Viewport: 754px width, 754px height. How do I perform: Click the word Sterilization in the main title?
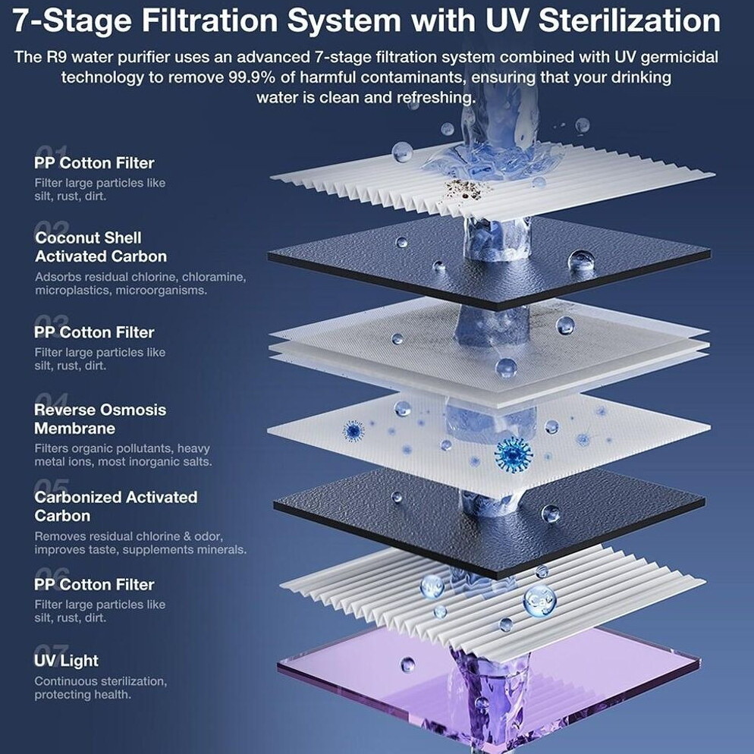coord(630,20)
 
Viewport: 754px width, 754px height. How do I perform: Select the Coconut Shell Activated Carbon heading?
coord(101,247)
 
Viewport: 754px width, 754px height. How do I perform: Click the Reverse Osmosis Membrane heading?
coord(100,419)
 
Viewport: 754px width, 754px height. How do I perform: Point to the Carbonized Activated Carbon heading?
coord(115,507)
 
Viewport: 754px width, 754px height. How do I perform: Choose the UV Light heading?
coord(66,661)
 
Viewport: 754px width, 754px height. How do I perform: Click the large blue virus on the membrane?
coord(514,454)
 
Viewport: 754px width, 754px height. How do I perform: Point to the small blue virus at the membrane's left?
coord(353,430)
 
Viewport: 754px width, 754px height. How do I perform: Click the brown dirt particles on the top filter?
coord(466,188)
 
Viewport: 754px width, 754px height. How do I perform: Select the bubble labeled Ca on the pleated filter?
coord(539,600)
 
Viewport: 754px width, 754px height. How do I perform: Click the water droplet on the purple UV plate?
coord(407,664)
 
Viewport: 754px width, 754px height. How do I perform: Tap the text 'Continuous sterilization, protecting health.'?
coord(101,688)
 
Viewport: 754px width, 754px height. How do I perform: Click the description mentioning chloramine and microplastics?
coord(140,284)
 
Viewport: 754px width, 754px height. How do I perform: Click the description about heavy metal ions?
coord(123,455)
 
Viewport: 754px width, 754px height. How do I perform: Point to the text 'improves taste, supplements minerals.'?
coord(140,550)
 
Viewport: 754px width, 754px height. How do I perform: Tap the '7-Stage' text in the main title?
coord(71,21)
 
